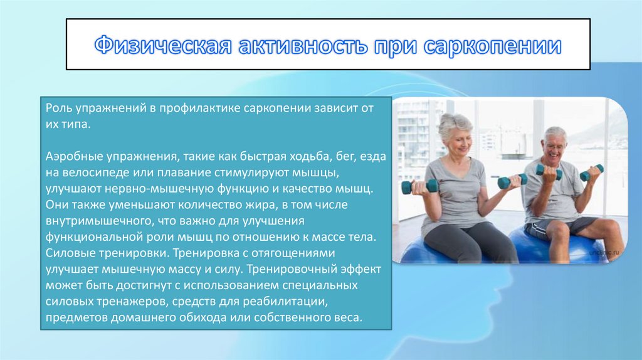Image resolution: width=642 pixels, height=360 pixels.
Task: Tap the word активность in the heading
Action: coord(303,45)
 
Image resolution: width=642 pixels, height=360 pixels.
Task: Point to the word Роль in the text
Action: coord(57,108)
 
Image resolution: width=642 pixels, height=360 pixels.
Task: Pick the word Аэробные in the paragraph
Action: coord(74,156)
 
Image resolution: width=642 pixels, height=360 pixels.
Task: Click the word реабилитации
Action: coord(285,302)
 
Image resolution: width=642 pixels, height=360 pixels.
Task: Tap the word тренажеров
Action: coord(132,302)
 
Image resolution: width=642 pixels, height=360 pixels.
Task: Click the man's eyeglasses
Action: coord(555,146)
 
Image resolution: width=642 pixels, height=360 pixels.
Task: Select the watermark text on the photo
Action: coord(604,253)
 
